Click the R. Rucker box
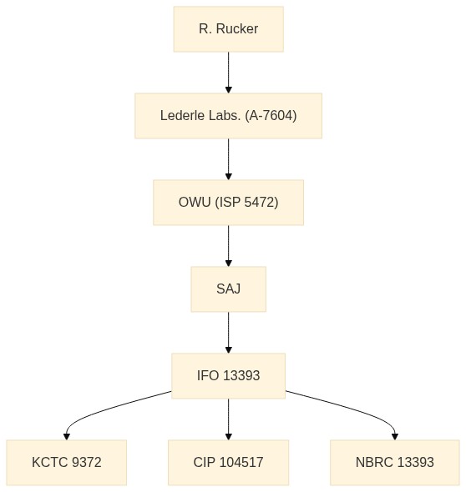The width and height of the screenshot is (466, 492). point(229,29)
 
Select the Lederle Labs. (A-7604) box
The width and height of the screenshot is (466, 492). point(229,116)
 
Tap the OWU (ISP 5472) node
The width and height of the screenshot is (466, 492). point(229,203)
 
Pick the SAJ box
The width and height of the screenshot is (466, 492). point(229,289)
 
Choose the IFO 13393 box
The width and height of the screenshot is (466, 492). point(229,376)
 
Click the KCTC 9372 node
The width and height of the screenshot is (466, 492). point(67,463)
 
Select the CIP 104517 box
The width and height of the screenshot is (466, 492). point(229,463)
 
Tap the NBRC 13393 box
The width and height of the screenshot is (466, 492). point(395,463)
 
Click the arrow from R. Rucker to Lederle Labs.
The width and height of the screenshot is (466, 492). point(229,73)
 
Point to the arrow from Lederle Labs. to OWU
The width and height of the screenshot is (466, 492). point(229,159)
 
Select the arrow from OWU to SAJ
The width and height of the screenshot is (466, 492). point(229,246)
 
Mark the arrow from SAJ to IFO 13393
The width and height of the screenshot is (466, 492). point(229,332)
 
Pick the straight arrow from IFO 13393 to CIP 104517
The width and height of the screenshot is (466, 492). point(229,419)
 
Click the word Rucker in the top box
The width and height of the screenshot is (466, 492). point(237,29)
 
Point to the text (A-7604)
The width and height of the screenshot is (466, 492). point(271,115)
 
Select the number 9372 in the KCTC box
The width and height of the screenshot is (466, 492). point(86,462)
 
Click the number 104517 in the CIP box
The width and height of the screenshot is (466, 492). point(241,462)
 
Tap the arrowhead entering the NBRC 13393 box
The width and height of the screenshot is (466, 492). point(395,436)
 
